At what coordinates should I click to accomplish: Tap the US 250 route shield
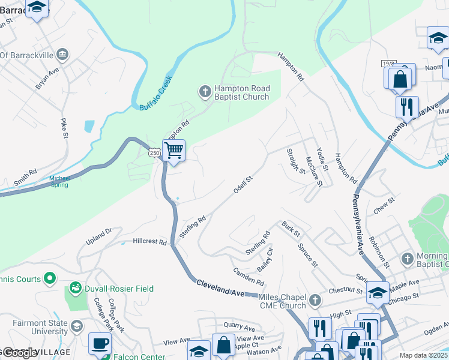click(155, 153)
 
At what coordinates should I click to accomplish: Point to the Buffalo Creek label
click(155, 93)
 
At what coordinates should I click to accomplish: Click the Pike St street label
click(64, 128)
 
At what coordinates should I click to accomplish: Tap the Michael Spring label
click(60, 181)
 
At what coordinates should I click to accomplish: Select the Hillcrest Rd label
click(149, 242)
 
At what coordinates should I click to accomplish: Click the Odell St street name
click(243, 185)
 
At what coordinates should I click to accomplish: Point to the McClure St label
click(314, 172)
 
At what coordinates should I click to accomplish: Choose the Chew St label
click(383, 205)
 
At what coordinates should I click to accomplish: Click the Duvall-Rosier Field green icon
click(75, 289)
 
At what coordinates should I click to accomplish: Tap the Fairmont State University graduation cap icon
click(76, 325)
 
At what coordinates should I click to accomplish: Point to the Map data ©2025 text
click(423, 355)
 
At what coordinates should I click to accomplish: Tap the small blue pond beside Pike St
click(89, 126)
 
